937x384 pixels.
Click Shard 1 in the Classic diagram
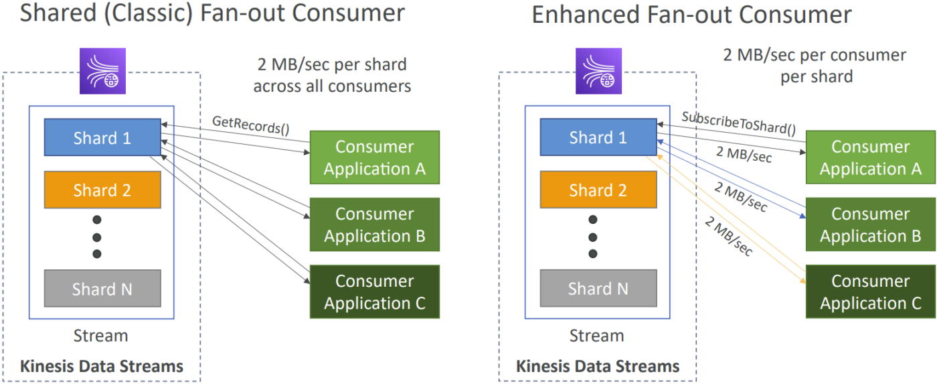pos(102,137)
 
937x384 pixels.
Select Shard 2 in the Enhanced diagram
pos(598,190)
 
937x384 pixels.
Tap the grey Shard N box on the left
pos(102,289)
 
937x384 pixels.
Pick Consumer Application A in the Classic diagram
pos(375,157)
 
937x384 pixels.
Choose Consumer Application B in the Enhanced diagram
pos(871,225)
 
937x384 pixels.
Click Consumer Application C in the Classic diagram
pos(375,292)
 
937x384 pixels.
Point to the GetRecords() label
pos(251,125)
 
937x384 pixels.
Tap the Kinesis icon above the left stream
pos(103,71)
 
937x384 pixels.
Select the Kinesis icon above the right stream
pos(598,71)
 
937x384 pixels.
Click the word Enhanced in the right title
pos(586,15)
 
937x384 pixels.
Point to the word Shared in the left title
pos(58,13)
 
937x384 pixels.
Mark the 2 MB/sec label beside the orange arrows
pos(729,235)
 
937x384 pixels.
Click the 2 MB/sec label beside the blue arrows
pos(741,196)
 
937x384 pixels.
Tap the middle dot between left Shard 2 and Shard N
pos(97,237)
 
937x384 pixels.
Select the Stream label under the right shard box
pos(596,336)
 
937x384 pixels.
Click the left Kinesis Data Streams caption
pos(102,367)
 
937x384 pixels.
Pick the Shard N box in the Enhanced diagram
pos(598,289)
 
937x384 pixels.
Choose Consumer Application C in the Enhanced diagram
pos(871,292)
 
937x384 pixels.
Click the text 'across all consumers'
pos(332,86)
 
